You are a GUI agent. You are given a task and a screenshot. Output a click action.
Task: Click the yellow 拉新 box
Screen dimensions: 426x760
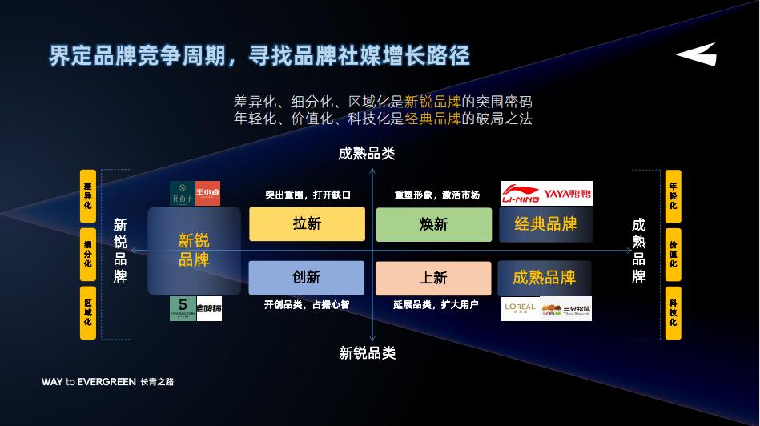coord(307,224)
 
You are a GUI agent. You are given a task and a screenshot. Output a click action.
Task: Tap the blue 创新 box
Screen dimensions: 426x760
coord(306,278)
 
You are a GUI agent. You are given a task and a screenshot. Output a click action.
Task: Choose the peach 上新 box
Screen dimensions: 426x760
coord(433,278)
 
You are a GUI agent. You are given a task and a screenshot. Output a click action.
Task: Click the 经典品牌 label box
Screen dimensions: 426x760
coord(545,224)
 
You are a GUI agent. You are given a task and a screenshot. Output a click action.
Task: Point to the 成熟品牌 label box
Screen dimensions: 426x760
coord(545,278)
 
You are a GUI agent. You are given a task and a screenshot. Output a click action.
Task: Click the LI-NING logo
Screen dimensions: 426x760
coord(521,194)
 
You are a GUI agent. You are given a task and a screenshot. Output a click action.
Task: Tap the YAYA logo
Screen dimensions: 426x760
coord(568,194)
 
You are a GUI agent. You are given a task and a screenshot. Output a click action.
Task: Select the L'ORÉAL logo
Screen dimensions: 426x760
coord(521,308)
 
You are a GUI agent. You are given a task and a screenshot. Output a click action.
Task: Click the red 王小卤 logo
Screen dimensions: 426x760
coord(207,193)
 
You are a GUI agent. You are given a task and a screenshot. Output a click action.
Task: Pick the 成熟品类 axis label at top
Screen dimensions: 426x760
coord(367,154)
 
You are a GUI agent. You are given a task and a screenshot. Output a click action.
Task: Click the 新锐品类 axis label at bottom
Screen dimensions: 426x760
coord(367,353)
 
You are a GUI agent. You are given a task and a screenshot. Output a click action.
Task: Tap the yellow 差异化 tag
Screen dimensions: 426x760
coord(87,196)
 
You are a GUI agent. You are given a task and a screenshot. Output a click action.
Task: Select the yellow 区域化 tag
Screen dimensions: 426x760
coord(87,312)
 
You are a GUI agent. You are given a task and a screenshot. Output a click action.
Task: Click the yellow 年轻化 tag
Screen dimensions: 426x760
coord(673,196)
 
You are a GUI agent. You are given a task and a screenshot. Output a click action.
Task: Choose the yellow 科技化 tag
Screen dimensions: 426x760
coord(673,312)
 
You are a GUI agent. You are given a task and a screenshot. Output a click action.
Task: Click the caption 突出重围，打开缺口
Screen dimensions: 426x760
coord(308,195)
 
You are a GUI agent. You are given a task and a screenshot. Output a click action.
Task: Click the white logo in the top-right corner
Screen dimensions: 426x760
coord(696,54)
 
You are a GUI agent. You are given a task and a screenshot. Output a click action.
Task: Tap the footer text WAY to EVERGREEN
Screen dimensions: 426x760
coord(89,382)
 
